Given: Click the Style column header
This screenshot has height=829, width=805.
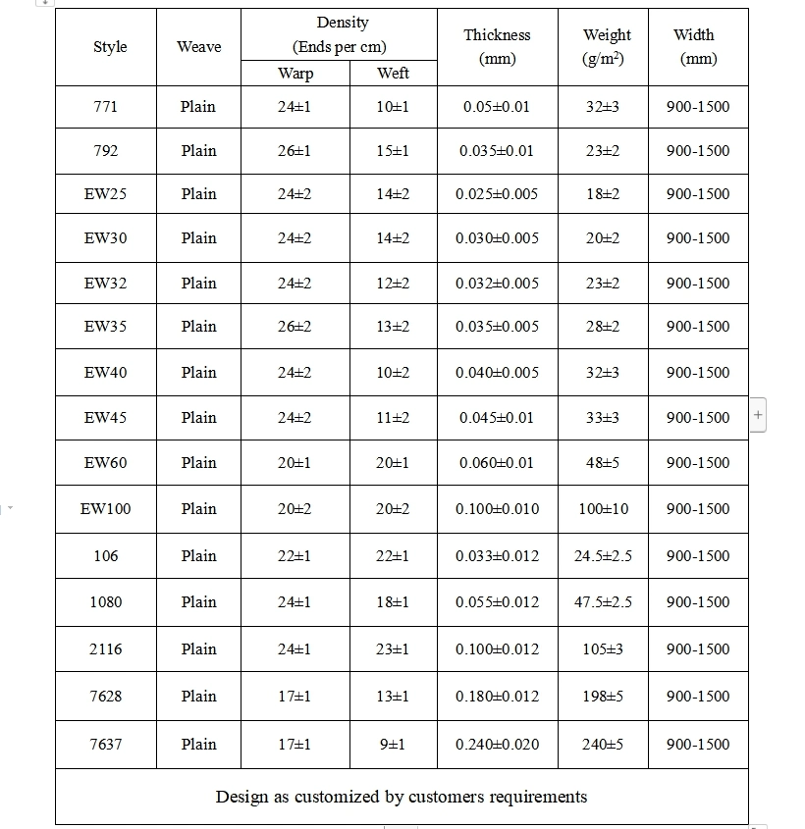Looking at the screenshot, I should coord(110,47).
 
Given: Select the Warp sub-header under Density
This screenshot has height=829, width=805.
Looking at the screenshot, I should coord(295,74).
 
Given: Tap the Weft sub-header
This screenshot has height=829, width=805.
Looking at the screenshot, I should coord(393,74).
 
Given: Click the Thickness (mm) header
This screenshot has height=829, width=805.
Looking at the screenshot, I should coord(497,46).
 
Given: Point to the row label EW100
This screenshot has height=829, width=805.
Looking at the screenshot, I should coord(105,508).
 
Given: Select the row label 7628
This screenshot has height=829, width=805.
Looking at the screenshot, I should coord(105,696).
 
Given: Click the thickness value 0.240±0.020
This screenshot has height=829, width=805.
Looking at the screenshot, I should coord(497,744).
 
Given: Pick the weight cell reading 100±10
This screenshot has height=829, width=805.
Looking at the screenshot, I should coord(603,508).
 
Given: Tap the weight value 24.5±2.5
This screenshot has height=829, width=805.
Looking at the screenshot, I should coord(603,555).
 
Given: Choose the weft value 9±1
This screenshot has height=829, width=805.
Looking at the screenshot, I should coord(393,744).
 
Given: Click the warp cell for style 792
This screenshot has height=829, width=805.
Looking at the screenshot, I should coord(295,150).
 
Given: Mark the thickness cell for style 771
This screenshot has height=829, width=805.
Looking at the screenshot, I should coord(497,106).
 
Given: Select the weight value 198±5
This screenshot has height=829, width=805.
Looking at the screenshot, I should coord(603,696).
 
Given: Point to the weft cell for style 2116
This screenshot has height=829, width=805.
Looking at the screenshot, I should coord(393,648).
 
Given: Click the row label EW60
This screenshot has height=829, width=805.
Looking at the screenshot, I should coord(105,462).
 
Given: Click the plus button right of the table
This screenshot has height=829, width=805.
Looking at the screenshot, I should coord(757,416).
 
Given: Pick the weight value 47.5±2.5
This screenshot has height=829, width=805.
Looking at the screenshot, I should coord(603,601).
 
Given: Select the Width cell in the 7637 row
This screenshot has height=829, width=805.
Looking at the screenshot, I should coord(698,744).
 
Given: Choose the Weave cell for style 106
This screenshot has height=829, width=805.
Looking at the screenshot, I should coord(198,555).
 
